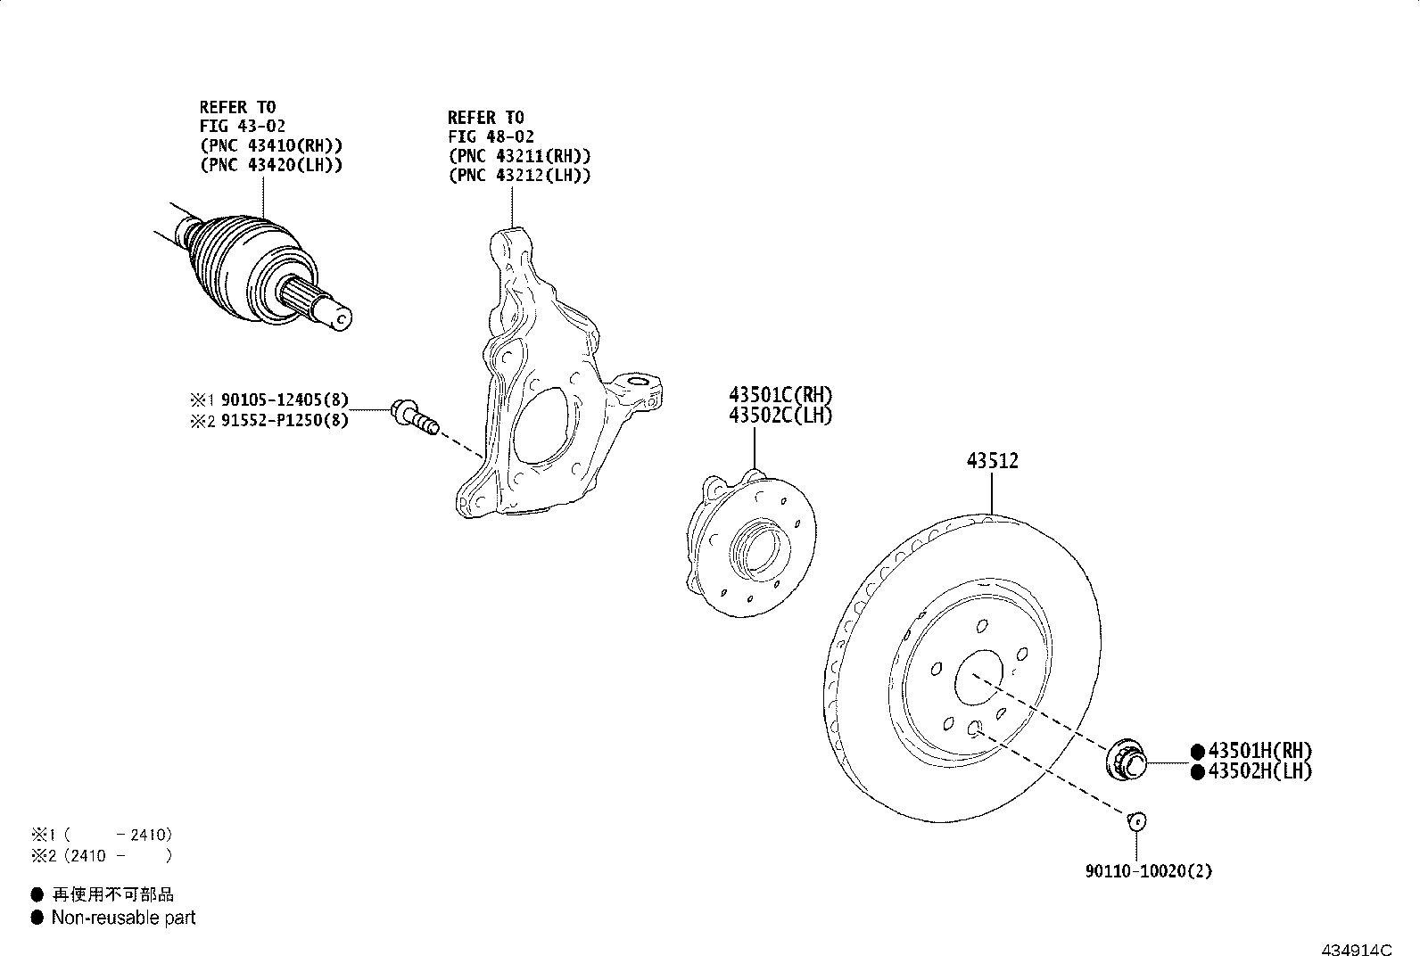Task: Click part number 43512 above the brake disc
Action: point(992,461)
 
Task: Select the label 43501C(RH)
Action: point(780,394)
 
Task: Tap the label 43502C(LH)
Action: point(780,415)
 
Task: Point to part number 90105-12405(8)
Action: point(284,400)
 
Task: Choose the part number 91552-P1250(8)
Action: point(284,420)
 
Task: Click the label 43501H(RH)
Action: point(1259,751)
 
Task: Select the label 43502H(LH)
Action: point(1259,771)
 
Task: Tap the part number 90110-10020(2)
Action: point(1148,871)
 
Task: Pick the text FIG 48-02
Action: point(491,136)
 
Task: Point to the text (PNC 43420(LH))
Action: point(270,165)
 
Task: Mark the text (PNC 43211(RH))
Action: point(519,156)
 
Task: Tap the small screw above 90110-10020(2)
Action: point(1136,820)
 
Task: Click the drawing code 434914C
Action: point(1355,951)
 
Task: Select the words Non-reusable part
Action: point(123,918)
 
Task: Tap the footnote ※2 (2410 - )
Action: point(100,855)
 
